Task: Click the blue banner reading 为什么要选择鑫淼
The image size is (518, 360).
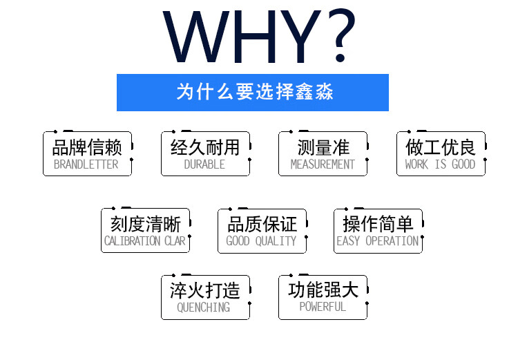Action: (x=253, y=92)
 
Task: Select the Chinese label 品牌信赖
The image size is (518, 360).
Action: (x=87, y=147)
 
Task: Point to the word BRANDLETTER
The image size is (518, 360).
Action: (x=86, y=164)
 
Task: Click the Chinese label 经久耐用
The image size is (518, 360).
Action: (x=205, y=147)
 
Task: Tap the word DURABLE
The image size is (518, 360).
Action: (x=204, y=164)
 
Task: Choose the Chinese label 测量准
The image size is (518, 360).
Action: (x=323, y=147)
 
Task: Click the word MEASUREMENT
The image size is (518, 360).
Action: (x=323, y=164)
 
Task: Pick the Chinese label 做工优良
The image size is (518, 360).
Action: (x=441, y=147)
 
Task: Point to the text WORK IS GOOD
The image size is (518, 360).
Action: (x=440, y=164)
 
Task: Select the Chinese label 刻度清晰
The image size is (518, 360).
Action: (x=146, y=224)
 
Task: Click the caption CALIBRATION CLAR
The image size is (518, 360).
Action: (x=145, y=241)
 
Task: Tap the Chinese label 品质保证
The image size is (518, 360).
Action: (x=262, y=224)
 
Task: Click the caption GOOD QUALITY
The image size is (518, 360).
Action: (x=261, y=241)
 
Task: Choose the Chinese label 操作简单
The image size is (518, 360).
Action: (x=378, y=224)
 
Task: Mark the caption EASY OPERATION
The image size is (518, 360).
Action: (x=378, y=241)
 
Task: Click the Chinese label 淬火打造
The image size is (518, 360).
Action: (x=205, y=290)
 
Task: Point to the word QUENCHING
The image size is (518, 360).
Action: (x=204, y=307)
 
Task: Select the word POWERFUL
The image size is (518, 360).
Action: (x=323, y=306)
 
